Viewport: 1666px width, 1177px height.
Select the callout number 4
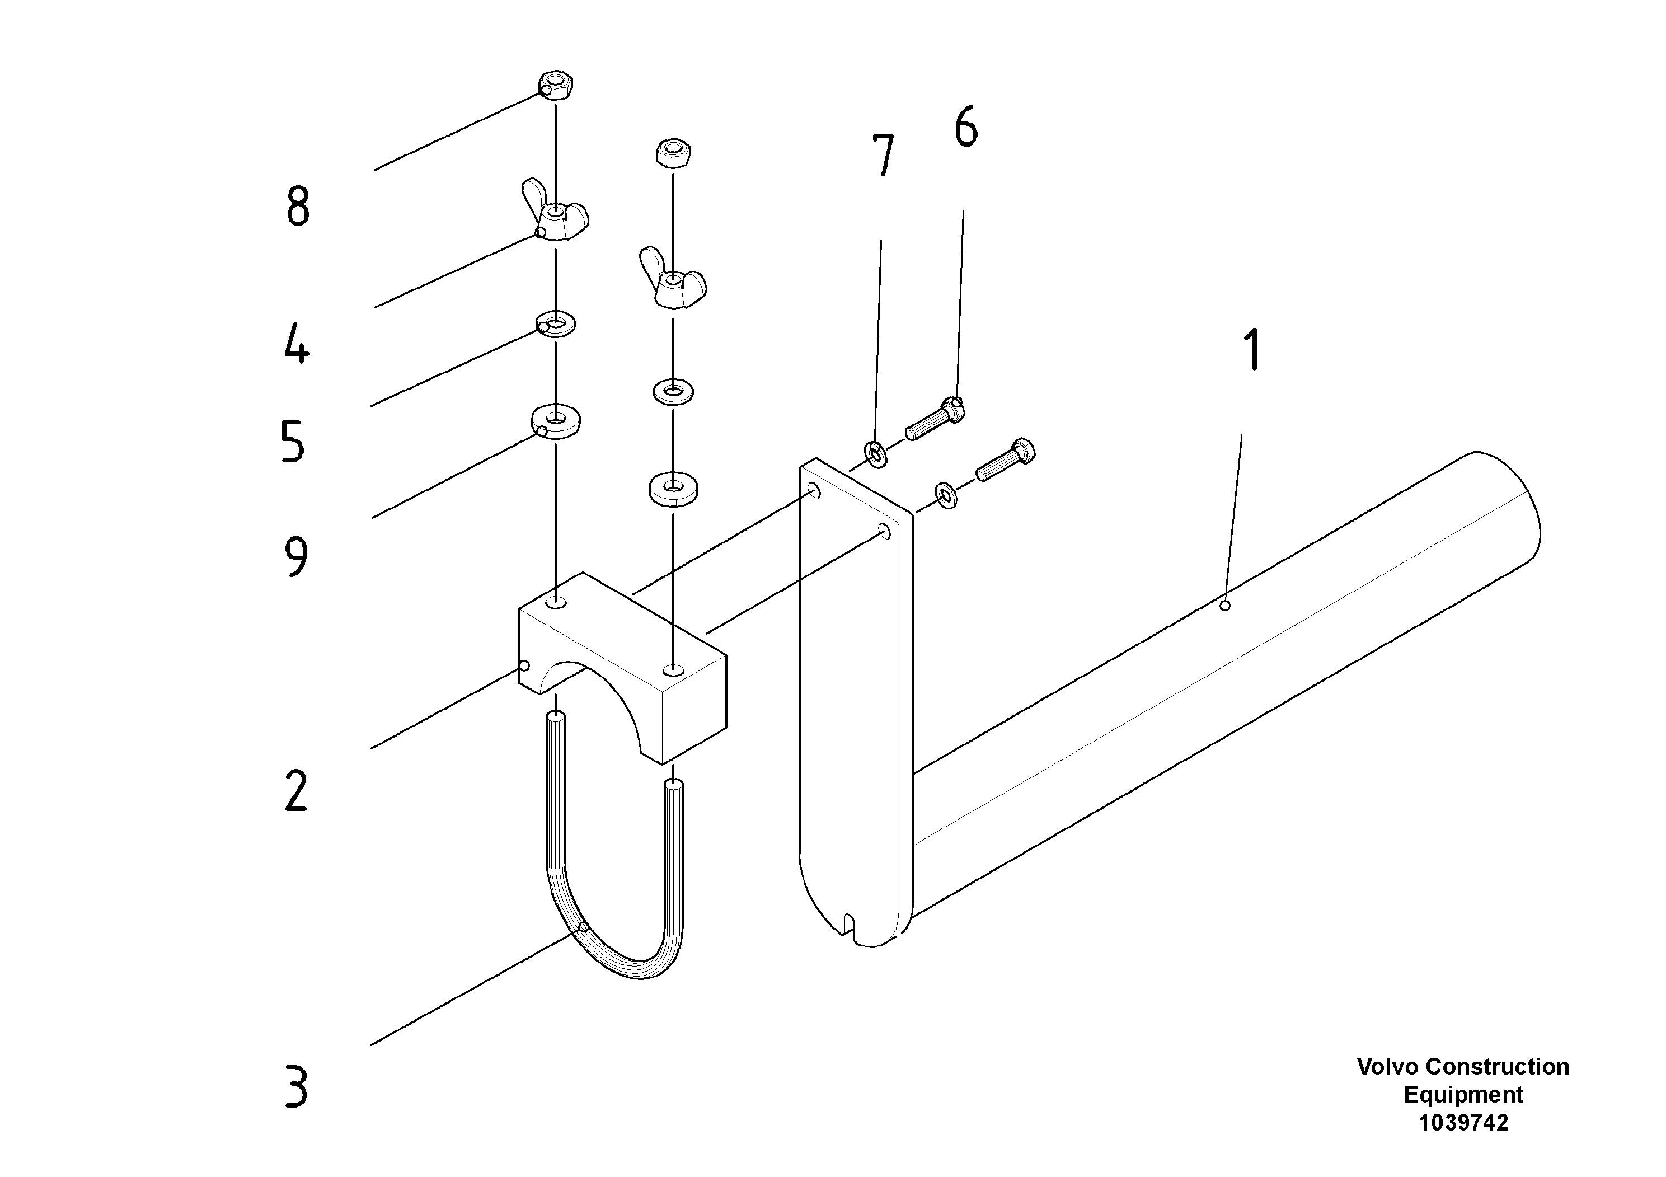[297, 344]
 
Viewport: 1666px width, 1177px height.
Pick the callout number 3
[296, 1086]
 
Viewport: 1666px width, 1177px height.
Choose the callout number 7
[883, 155]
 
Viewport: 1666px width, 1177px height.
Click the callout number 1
[1253, 350]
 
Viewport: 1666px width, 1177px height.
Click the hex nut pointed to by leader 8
[556, 86]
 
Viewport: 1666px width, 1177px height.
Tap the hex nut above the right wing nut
[673, 153]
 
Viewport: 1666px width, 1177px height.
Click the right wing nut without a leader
[673, 280]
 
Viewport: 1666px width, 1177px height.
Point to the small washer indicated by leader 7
[876, 454]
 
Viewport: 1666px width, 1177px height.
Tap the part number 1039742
[1463, 1123]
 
